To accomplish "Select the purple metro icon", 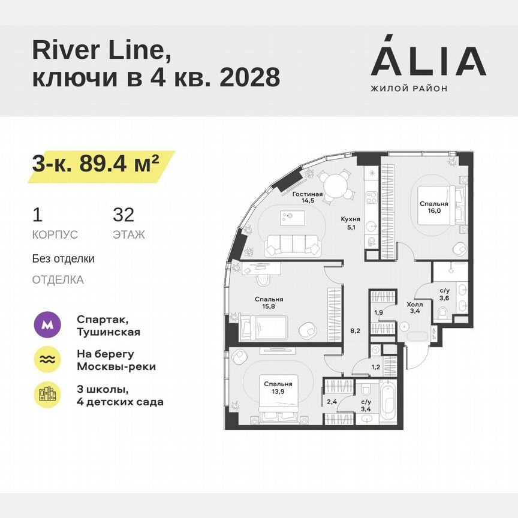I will [x=48, y=326].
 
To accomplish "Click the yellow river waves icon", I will [x=48, y=360].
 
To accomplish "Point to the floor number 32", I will [x=124, y=214].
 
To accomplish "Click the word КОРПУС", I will [x=55, y=234].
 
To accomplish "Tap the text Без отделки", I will [x=64, y=259].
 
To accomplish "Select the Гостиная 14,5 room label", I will [x=308, y=198].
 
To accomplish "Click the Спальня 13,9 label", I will [x=277, y=387].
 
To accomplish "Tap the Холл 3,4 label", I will [x=415, y=308].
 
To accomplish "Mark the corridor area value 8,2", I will [x=354, y=330].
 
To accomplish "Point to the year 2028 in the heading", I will [x=250, y=77].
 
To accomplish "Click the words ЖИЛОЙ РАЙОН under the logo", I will [x=409, y=88].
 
